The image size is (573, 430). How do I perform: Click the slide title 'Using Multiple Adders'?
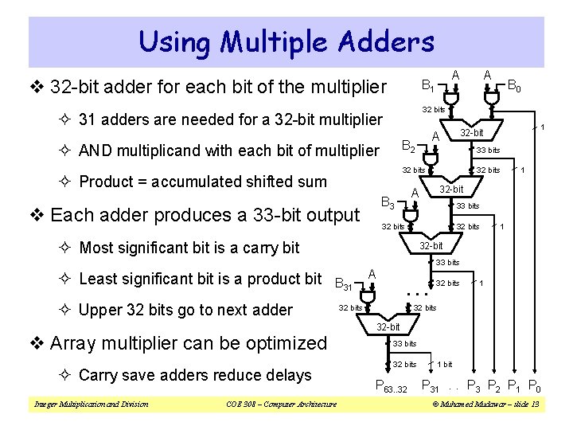(x=286, y=41)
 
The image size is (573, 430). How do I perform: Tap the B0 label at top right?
(x=515, y=84)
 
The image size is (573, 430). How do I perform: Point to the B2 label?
(x=407, y=146)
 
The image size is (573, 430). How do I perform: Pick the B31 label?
(x=343, y=282)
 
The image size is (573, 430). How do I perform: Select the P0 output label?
(x=536, y=389)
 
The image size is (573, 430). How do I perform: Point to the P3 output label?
(x=474, y=389)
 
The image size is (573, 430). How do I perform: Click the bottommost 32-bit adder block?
(x=388, y=326)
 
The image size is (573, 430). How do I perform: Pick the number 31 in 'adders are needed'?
(x=89, y=120)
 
